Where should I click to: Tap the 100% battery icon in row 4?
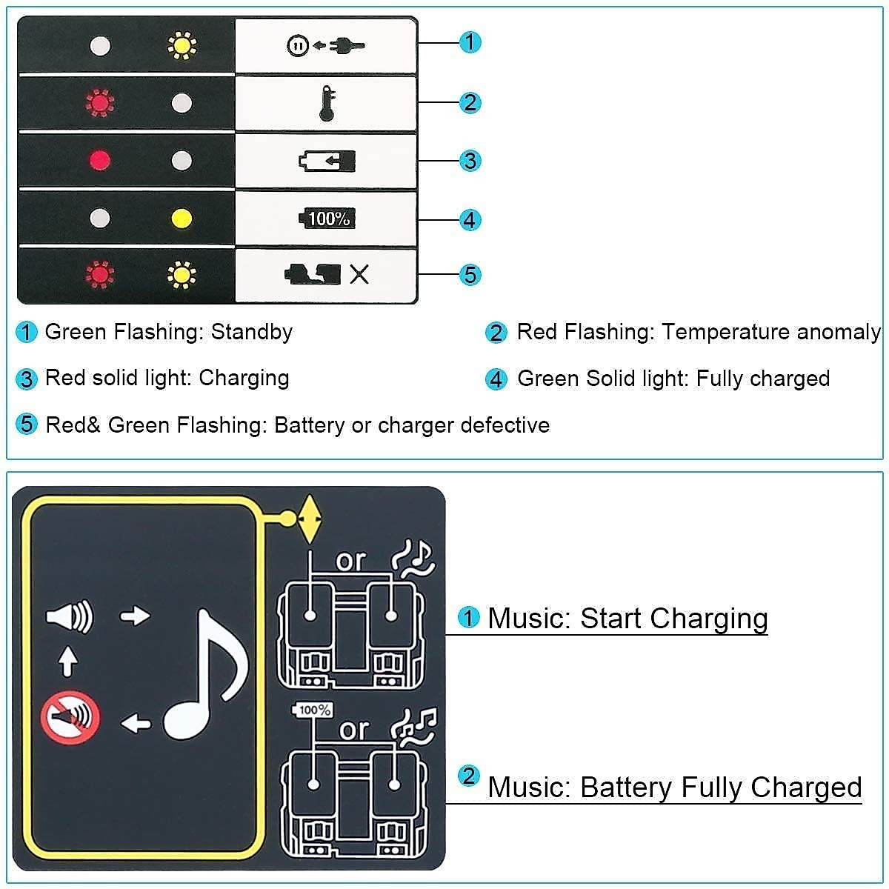tap(327, 219)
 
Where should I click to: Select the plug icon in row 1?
tap(347, 46)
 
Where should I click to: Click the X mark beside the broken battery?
tap(359, 275)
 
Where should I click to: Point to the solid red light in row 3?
tap(99, 161)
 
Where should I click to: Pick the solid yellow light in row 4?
tap(181, 219)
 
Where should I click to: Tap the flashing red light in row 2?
tap(99, 103)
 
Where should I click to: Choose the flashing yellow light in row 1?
tap(181, 46)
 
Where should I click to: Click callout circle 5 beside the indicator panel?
tap(470, 275)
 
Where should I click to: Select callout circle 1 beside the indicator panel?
tap(470, 42)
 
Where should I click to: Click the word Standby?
tap(252, 332)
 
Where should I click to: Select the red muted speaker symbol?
tap(70, 717)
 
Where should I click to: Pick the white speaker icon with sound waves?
tap(70, 616)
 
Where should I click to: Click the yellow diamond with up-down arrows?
tap(310, 519)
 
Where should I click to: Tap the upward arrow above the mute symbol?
tap(68, 661)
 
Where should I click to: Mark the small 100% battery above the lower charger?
tap(314, 710)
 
